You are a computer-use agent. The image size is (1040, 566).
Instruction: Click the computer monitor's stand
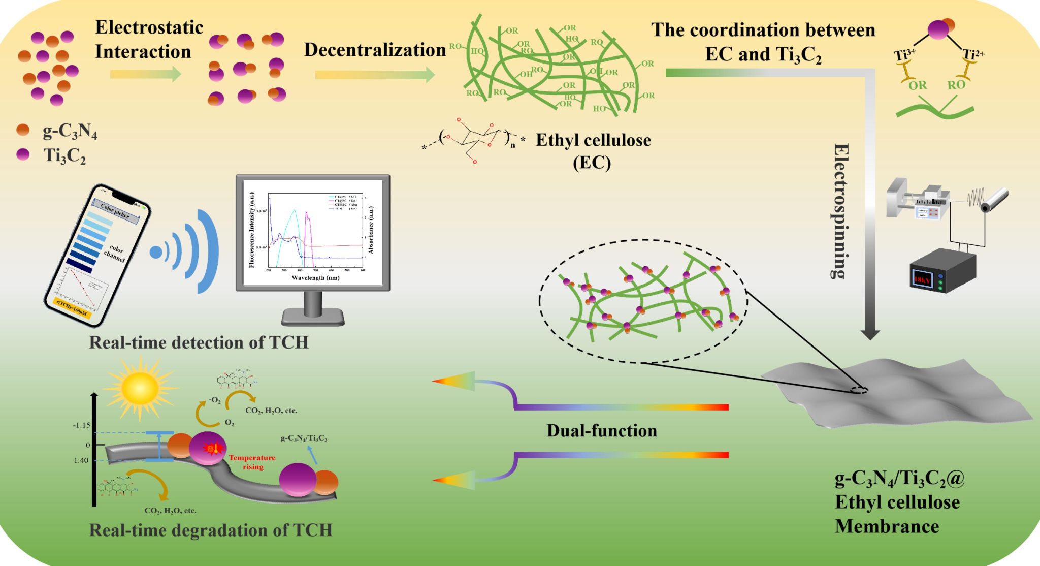pyautogui.click(x=313, y=310)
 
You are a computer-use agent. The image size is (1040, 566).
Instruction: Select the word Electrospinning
pyautogui.click(x=840, y=211)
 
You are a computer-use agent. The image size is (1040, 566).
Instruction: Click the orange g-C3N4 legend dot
pyautogui.click(x=23, y=130)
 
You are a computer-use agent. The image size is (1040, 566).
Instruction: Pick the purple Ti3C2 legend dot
pyautogui.click(x=23, y=154)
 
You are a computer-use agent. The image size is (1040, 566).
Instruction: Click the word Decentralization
pyautogui.click(x=375, y=50)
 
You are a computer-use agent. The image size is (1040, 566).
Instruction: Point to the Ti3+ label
pyautogui.click(x=904, y=54)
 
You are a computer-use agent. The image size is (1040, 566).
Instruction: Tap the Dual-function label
pyautogui.click(x=602, y=431)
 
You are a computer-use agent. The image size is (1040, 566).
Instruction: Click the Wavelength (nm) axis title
pyautogui.click(x=315, y=278)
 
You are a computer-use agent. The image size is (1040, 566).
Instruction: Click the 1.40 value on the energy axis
pyautogui.click(x=81, y=460)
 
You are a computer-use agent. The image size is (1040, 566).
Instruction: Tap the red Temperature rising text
pyautogui.click(x=252, y=462)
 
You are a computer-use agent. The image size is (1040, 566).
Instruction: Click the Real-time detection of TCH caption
pyautogui.click(x=199, y=342)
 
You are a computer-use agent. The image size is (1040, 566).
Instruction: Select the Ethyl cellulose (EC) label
pyautogui.click(x=593, y=151)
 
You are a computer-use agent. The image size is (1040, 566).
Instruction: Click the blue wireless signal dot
pyautogui.click(x=156, y=251)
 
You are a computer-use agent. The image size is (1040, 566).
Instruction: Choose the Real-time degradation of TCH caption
pyautogui.click(x=210, y=530)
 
